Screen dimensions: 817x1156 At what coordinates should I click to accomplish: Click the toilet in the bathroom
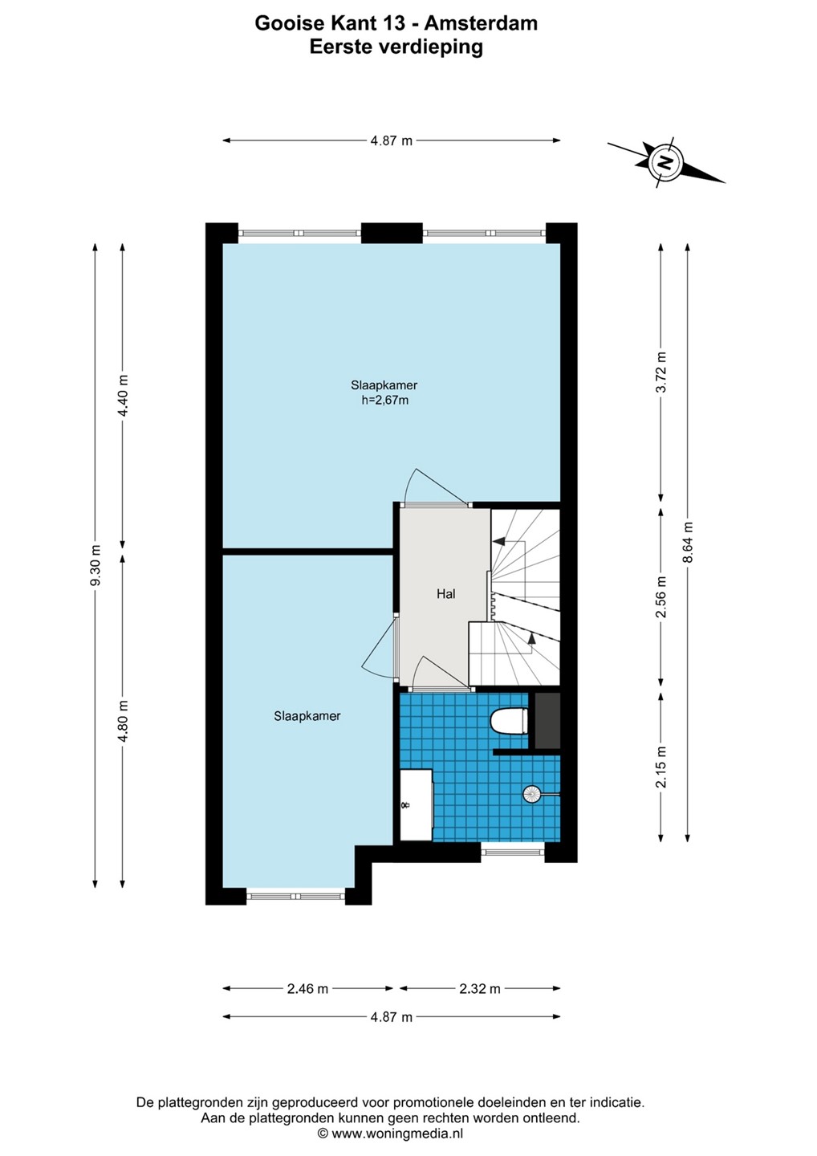pyautogui.click(x=509, y=720)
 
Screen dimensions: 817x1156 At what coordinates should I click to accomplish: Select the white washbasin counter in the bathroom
pyautogui.click(x=417, y=804)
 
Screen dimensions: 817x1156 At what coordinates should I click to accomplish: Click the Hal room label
pyautogui.click(x=445, y=594)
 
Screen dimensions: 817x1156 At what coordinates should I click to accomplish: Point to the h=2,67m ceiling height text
pyautogui.click(x=384, y=400)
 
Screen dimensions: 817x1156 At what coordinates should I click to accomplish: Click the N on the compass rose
pyautogui.click(x=665, y=164)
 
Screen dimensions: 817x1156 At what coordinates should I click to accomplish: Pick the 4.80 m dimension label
pyautogui.click(x=122, y=721)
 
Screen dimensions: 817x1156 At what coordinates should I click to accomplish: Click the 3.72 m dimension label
pyautogui.click(x=661, y=372)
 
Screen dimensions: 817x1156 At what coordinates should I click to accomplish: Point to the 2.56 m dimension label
pyautogui.click(x=661, y=596)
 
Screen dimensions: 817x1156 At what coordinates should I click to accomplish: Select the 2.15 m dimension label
pyautogui.click(x=661, y=767)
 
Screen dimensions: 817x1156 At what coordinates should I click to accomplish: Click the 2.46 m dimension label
pyautogui.click(x=307, y=989)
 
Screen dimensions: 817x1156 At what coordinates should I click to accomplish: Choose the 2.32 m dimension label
pyautogui.click(x=480, y=989)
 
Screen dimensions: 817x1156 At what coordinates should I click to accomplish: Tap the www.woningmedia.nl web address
pyautogui.click(x=397, y=1134)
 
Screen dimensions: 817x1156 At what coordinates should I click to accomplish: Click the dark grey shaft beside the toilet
pyautogui.click(x=547, y=720)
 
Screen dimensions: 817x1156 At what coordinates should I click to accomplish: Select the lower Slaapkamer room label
pyautogui.click(x=307, y=716)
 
